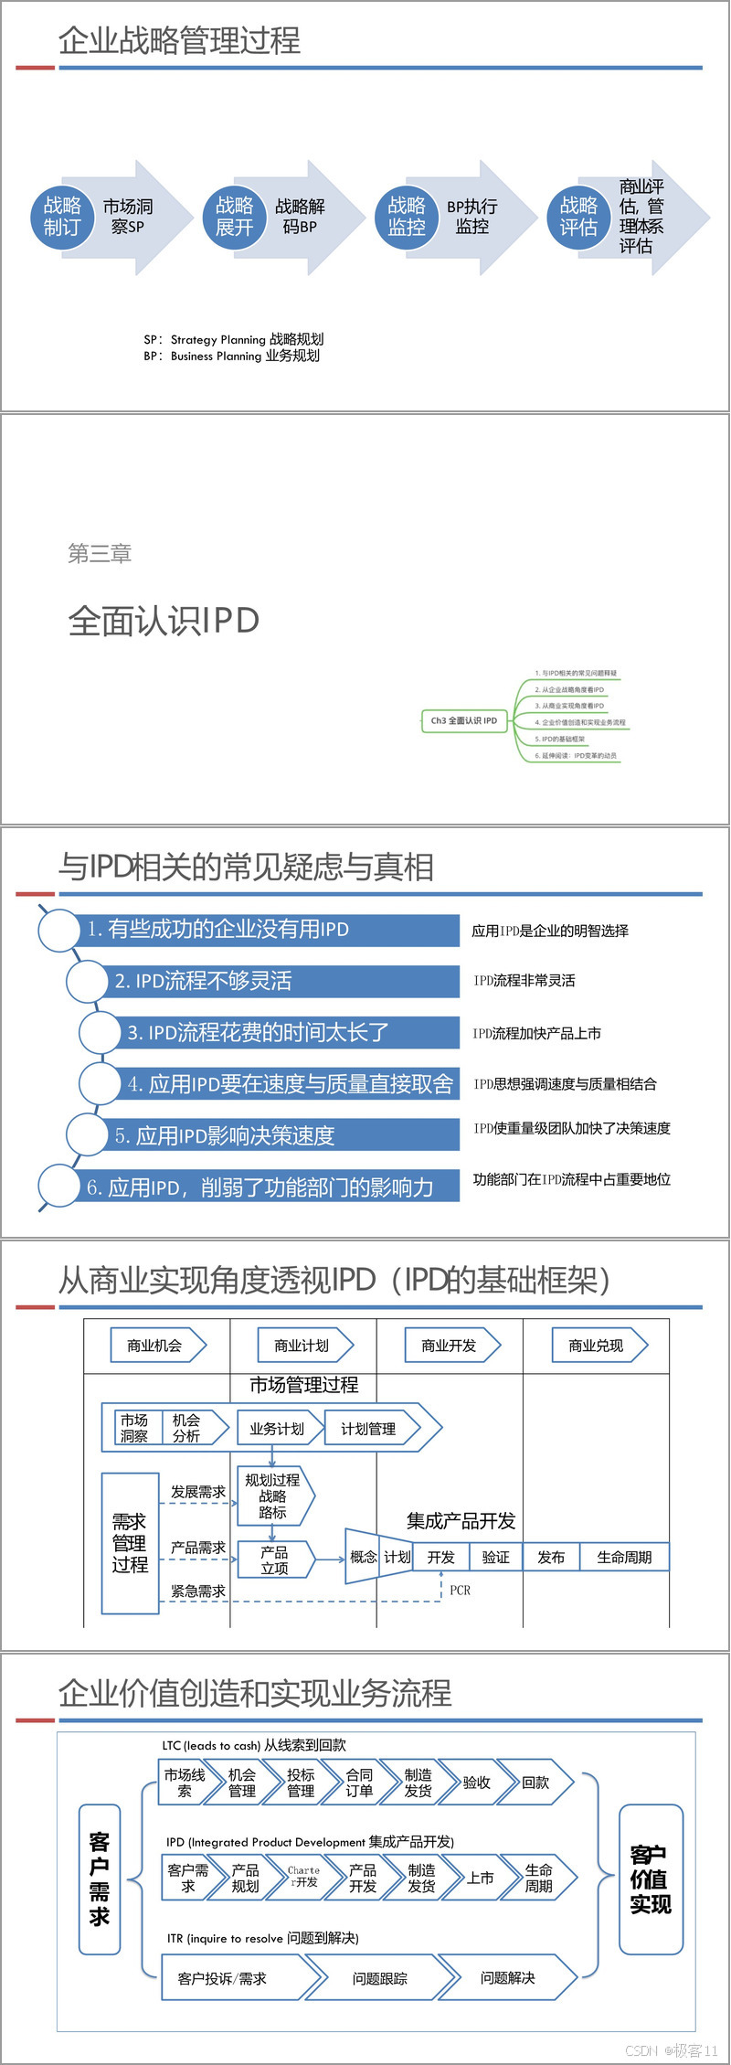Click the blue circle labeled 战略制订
click(62, 217)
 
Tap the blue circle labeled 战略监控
click(407, 217)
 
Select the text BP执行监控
click(471, 217)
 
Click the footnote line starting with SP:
click(234, 339)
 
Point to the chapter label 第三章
click(100, 553)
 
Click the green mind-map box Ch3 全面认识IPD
click(464, 720)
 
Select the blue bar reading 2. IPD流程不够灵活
click(274, 981)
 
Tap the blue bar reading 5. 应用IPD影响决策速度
click(274, 1135)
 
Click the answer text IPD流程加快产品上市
click(537, 1033)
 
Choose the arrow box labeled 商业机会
click(155, 1346)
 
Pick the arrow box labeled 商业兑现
click(597, 1346)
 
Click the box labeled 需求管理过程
click(130, 1543)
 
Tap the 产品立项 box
click(274, 1559)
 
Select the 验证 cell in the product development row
click(495, 1557)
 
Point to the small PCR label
click(460, 1591)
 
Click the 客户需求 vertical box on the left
click(100, 1879)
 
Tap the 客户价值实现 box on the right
click(650, 1879)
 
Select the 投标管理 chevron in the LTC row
click(301, 1783)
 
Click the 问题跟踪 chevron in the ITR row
click(380, 1978)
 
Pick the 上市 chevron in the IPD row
click(481, 1878)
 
